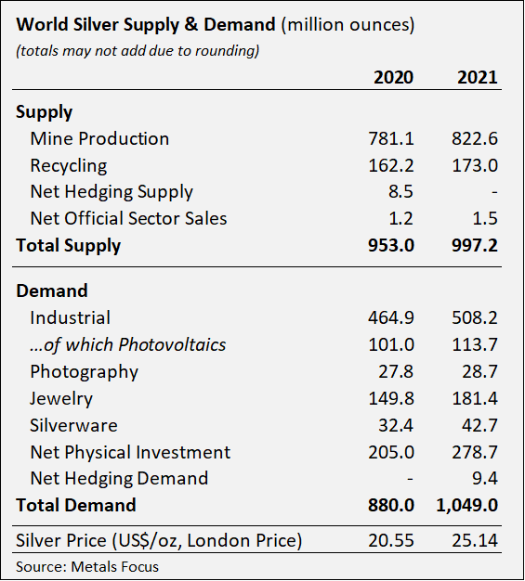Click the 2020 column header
[393, 77]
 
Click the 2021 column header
[477, 77]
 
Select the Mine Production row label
[99, 139]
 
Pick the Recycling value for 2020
[391, 166]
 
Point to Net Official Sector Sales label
[128, 219]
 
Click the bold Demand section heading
[52, 290]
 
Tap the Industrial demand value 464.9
[391, 318]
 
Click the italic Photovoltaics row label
[128, 345]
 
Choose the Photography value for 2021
[480, 372]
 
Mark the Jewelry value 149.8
[391, 399]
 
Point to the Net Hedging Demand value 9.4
[486, 479]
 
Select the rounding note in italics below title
[138, 50]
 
